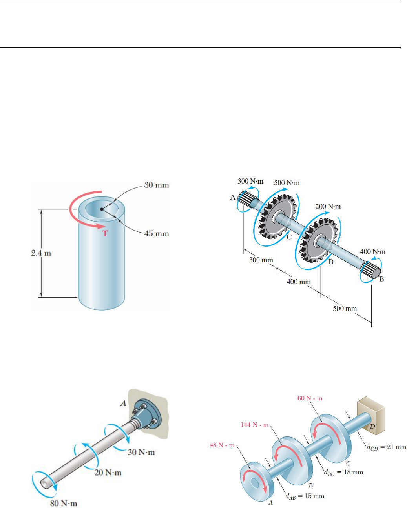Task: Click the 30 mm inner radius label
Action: click(x=156, y=185)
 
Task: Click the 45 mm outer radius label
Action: click(x=156, y=234)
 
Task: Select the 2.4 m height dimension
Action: click(x=41, y=253)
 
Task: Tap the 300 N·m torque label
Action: click(x=250, y=182)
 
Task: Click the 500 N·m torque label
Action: click(x=287, y=183)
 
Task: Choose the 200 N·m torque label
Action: click(x=328, y=207)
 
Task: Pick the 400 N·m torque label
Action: click(x=372, y=252)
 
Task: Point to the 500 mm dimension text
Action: click(x=345, y=309)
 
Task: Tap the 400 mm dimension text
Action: click(x=298, y=282)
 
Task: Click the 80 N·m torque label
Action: click(x=64, y=503)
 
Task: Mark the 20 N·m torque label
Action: click(x=108, y=473)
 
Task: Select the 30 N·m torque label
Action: click(x=141, y=453)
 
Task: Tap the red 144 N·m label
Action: click(x=254, y=425)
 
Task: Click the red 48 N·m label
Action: click(x=222, y=445)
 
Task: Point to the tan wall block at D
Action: click(x=371, y=416)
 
